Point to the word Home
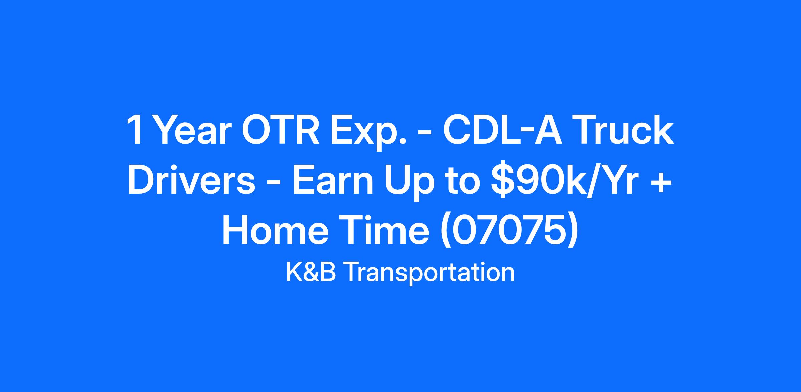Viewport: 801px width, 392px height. [x=275, y=231]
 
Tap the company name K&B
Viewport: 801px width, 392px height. [x=311, y=273]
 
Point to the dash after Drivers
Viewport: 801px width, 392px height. [x=274, y=183]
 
